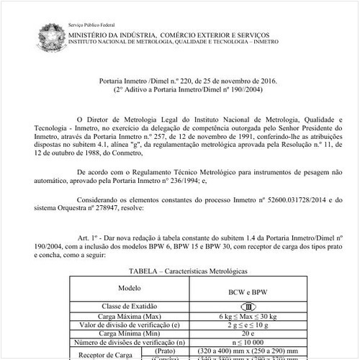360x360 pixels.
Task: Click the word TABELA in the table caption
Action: pyautogui.click(x=143, y=271)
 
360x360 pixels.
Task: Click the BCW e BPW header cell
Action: pyautogui.click(x=246, y=291)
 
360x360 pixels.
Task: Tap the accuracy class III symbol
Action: pyautogui.click(x=246, y=306)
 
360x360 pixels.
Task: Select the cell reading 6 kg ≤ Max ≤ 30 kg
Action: pyautogui.click(x=246, y=315)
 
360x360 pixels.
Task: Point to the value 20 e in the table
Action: pyautogui.click(x=246, y=333)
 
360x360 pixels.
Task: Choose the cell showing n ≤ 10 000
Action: pyautogui.click(x=246, y=343)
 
